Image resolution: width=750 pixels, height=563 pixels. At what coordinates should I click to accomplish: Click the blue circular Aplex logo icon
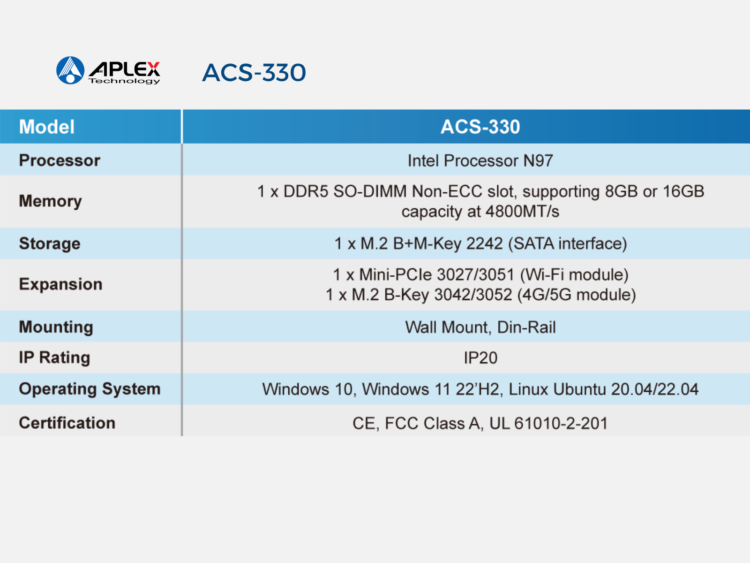pyautogui.click(x=70, y=70)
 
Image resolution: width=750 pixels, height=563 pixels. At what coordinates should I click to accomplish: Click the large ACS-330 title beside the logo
pyautogui.click(x=254, y=72)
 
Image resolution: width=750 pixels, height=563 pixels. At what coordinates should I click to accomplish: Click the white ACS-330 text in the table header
pyautogui.click(x=480, y=127)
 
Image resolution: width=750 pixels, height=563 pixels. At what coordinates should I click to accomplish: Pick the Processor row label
pyautogui.click(x=60, y=160)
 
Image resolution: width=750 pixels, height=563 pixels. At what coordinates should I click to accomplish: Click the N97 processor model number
pyautogui.click(x=538, y=160)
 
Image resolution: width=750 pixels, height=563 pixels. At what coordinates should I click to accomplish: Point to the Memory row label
pyautogui.click(x=51, y=201)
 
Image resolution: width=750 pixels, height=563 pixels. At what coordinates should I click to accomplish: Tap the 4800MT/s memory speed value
pyautogui.click(x=522, y=211)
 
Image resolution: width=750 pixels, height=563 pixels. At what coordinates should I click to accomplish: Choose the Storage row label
pyautogui.click(x=50, y=243)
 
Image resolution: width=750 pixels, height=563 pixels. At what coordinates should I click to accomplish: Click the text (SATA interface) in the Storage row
pyautogui.click(x=568, y=243)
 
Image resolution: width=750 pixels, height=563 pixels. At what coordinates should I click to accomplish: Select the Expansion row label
pyautogui.click(x=61, y=284)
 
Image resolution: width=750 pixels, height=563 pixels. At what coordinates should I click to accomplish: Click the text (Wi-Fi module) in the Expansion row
pyautogui.click(x=574, y=274)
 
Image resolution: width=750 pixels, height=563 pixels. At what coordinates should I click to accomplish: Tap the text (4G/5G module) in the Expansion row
pyautogui.click(x=577, y=295)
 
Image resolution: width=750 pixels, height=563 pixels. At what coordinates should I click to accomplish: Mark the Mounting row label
pyautogui.click(x=56, y=327)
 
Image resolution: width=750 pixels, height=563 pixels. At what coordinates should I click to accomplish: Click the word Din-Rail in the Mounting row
pyautogui.click(x=526, y=327)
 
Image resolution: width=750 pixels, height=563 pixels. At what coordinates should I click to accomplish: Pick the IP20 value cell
pyautogui.click(x=480, y=358)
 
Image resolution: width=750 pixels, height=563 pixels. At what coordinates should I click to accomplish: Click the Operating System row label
pyautogui.click(x=90, y=389)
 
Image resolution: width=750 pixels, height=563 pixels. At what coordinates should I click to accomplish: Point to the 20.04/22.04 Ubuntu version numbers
pyautogui.click(x=655, y=389)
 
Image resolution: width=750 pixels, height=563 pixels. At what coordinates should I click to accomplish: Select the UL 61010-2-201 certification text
pyautogui.click(x=548, y=423)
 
